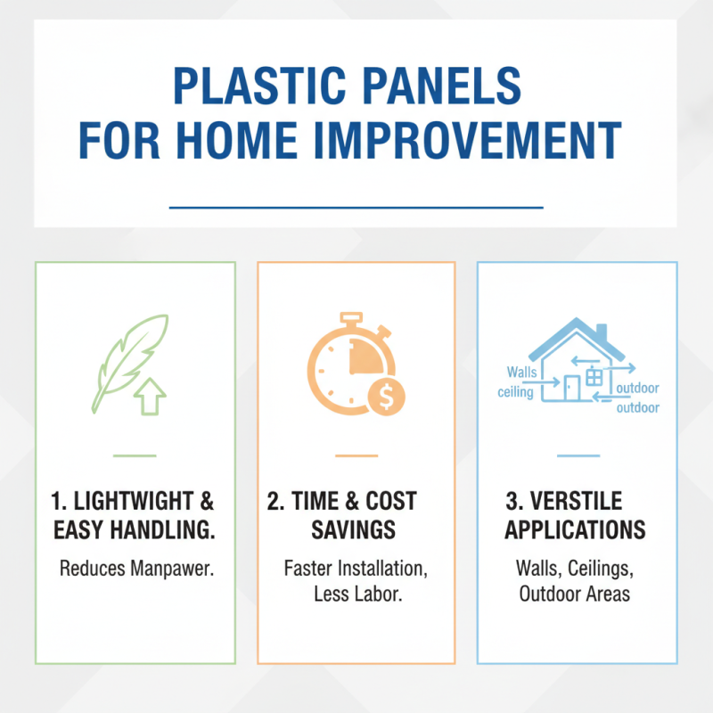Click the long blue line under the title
(356, 208)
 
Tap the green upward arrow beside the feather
(152, 396)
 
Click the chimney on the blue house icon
(601, 332)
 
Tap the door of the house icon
(572, 388)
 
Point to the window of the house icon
(594, 377)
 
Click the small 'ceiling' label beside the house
(516, 392)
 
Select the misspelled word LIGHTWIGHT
(143, 502)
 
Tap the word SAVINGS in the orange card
(353, 530)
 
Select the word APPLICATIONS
(575, 530)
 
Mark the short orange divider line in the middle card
(356, 455)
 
